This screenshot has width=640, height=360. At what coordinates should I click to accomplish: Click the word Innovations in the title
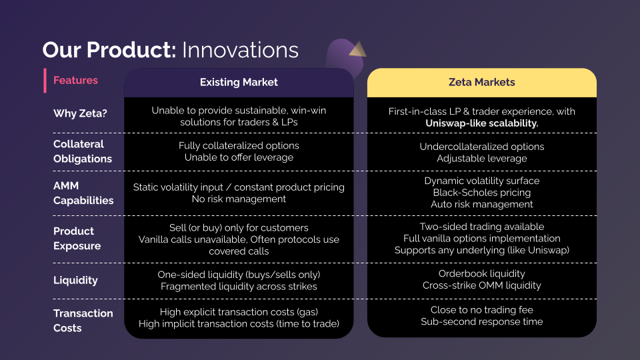point(240,50)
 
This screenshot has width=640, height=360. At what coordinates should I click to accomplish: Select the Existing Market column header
point(239,83)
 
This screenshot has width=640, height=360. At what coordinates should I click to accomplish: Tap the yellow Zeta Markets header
point(481,83)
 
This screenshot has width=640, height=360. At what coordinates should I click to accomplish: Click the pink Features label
point(75,81)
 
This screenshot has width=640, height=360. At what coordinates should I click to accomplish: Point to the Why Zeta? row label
point(80,114)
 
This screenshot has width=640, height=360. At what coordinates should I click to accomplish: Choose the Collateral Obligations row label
point(83,151)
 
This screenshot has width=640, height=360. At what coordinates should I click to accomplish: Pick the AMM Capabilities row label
point(83,193)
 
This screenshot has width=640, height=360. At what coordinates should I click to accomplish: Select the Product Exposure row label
point(77,238)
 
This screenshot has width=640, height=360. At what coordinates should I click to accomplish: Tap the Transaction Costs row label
point(83,321)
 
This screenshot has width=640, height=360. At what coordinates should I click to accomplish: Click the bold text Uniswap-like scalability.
point(482,123)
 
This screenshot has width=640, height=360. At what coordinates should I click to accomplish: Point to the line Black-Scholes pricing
point(482,193)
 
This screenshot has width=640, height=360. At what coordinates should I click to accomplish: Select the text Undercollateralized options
point(482,147)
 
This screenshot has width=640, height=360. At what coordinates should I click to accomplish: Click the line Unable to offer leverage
point(239,157)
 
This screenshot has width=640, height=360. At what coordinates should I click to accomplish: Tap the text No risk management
point(239,199)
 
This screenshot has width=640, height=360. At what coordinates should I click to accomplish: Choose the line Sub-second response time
point(482,322)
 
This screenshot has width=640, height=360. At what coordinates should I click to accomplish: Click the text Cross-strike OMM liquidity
point(482,285)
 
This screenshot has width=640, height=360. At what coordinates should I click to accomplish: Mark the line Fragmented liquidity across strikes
point(239,287)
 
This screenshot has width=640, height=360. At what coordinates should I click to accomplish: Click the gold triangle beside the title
point(357,49)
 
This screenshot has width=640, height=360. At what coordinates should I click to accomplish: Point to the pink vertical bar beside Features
point(45,81)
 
